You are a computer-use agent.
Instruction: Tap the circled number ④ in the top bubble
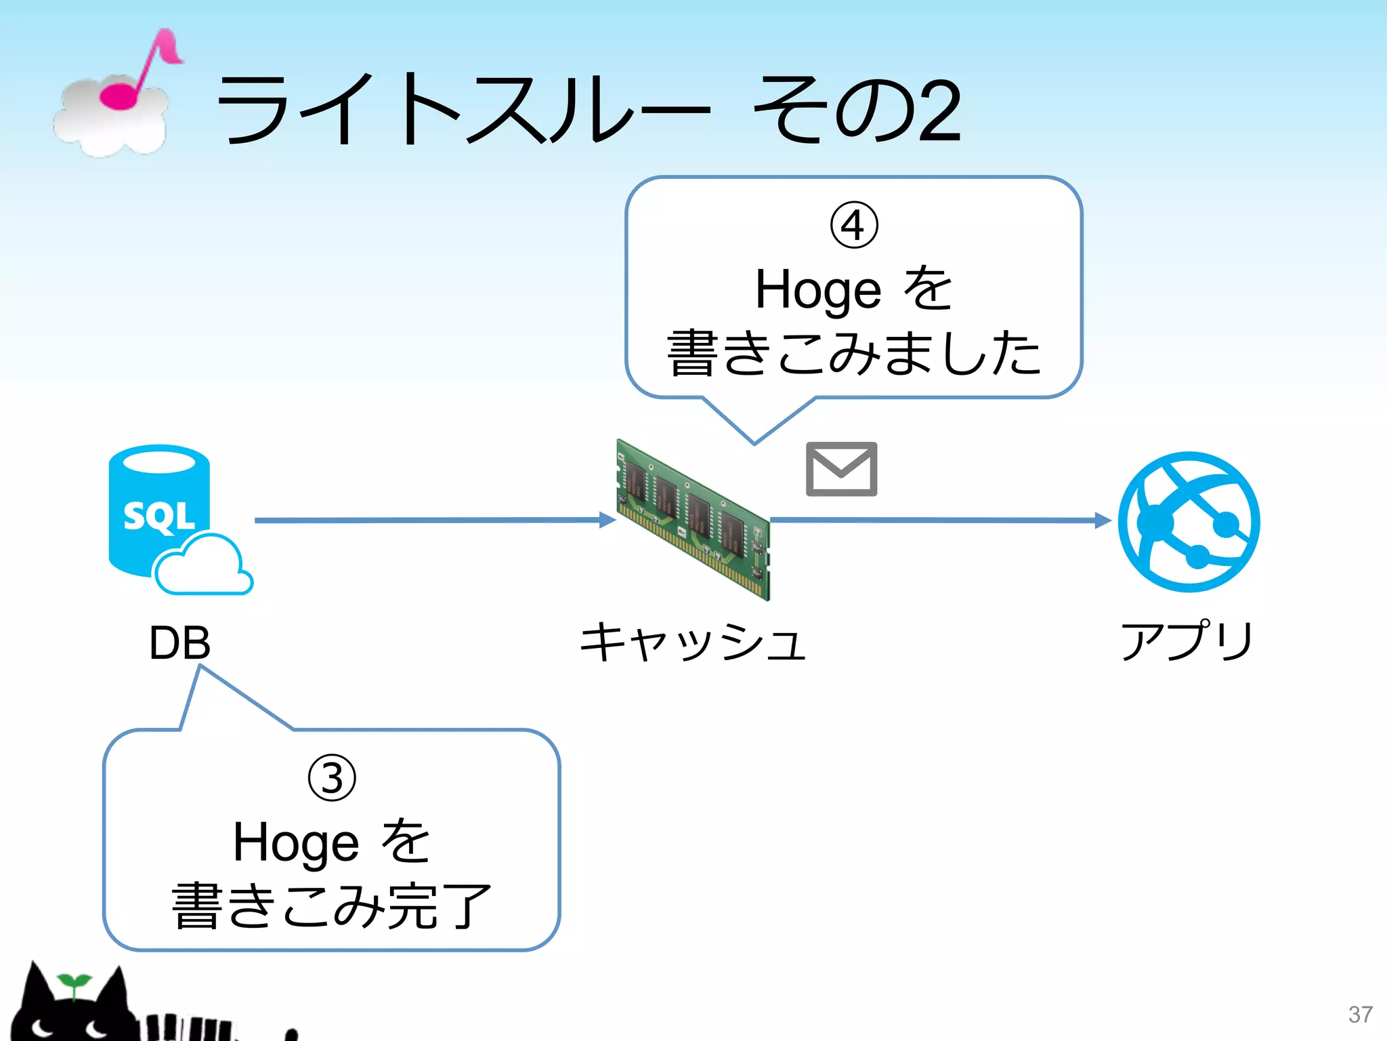(x=854, y=226)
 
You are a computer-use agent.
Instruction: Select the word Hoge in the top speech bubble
(x=817, y=290)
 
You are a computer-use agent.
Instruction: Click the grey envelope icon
(x=841, y=469)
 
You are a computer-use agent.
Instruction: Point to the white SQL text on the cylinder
(x=158, y=517)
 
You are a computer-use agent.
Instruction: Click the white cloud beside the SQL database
(x=203, y=566)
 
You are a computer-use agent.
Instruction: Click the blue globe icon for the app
(x=1189, y=521)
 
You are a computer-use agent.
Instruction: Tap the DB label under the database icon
(x=179, y=642)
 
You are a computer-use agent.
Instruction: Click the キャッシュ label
(x=692, y=642)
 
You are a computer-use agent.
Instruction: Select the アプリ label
(x=1187, y=640)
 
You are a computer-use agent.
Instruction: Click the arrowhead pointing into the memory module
(x=607, y=520)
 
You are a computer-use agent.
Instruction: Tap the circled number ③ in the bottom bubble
(x=332, y=778)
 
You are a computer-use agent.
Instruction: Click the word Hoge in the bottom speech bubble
(x=296, y=843)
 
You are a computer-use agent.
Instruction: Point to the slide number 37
(x=1360, y=1015)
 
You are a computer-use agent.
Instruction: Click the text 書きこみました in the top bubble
(x=854, y=352)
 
